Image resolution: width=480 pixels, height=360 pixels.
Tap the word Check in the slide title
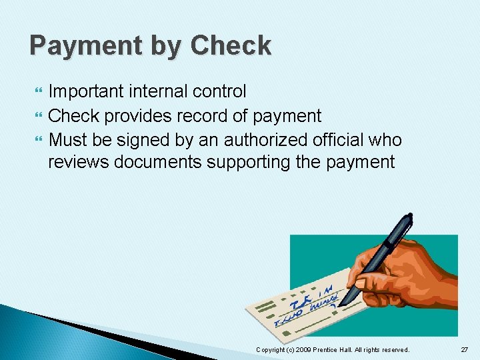pos(231,45)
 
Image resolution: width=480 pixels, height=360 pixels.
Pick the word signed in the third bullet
pos(144,140)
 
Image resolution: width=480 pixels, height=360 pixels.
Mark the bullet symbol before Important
pos(36,91)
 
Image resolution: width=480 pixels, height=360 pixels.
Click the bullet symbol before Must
pos(36,140)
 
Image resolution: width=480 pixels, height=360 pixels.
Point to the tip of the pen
pos(340,305)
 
